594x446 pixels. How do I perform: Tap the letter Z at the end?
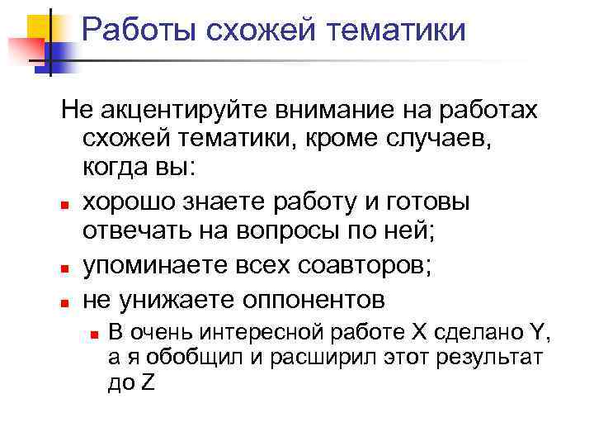tap(148, 383)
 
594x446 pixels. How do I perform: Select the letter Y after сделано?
tap(537, 334)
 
